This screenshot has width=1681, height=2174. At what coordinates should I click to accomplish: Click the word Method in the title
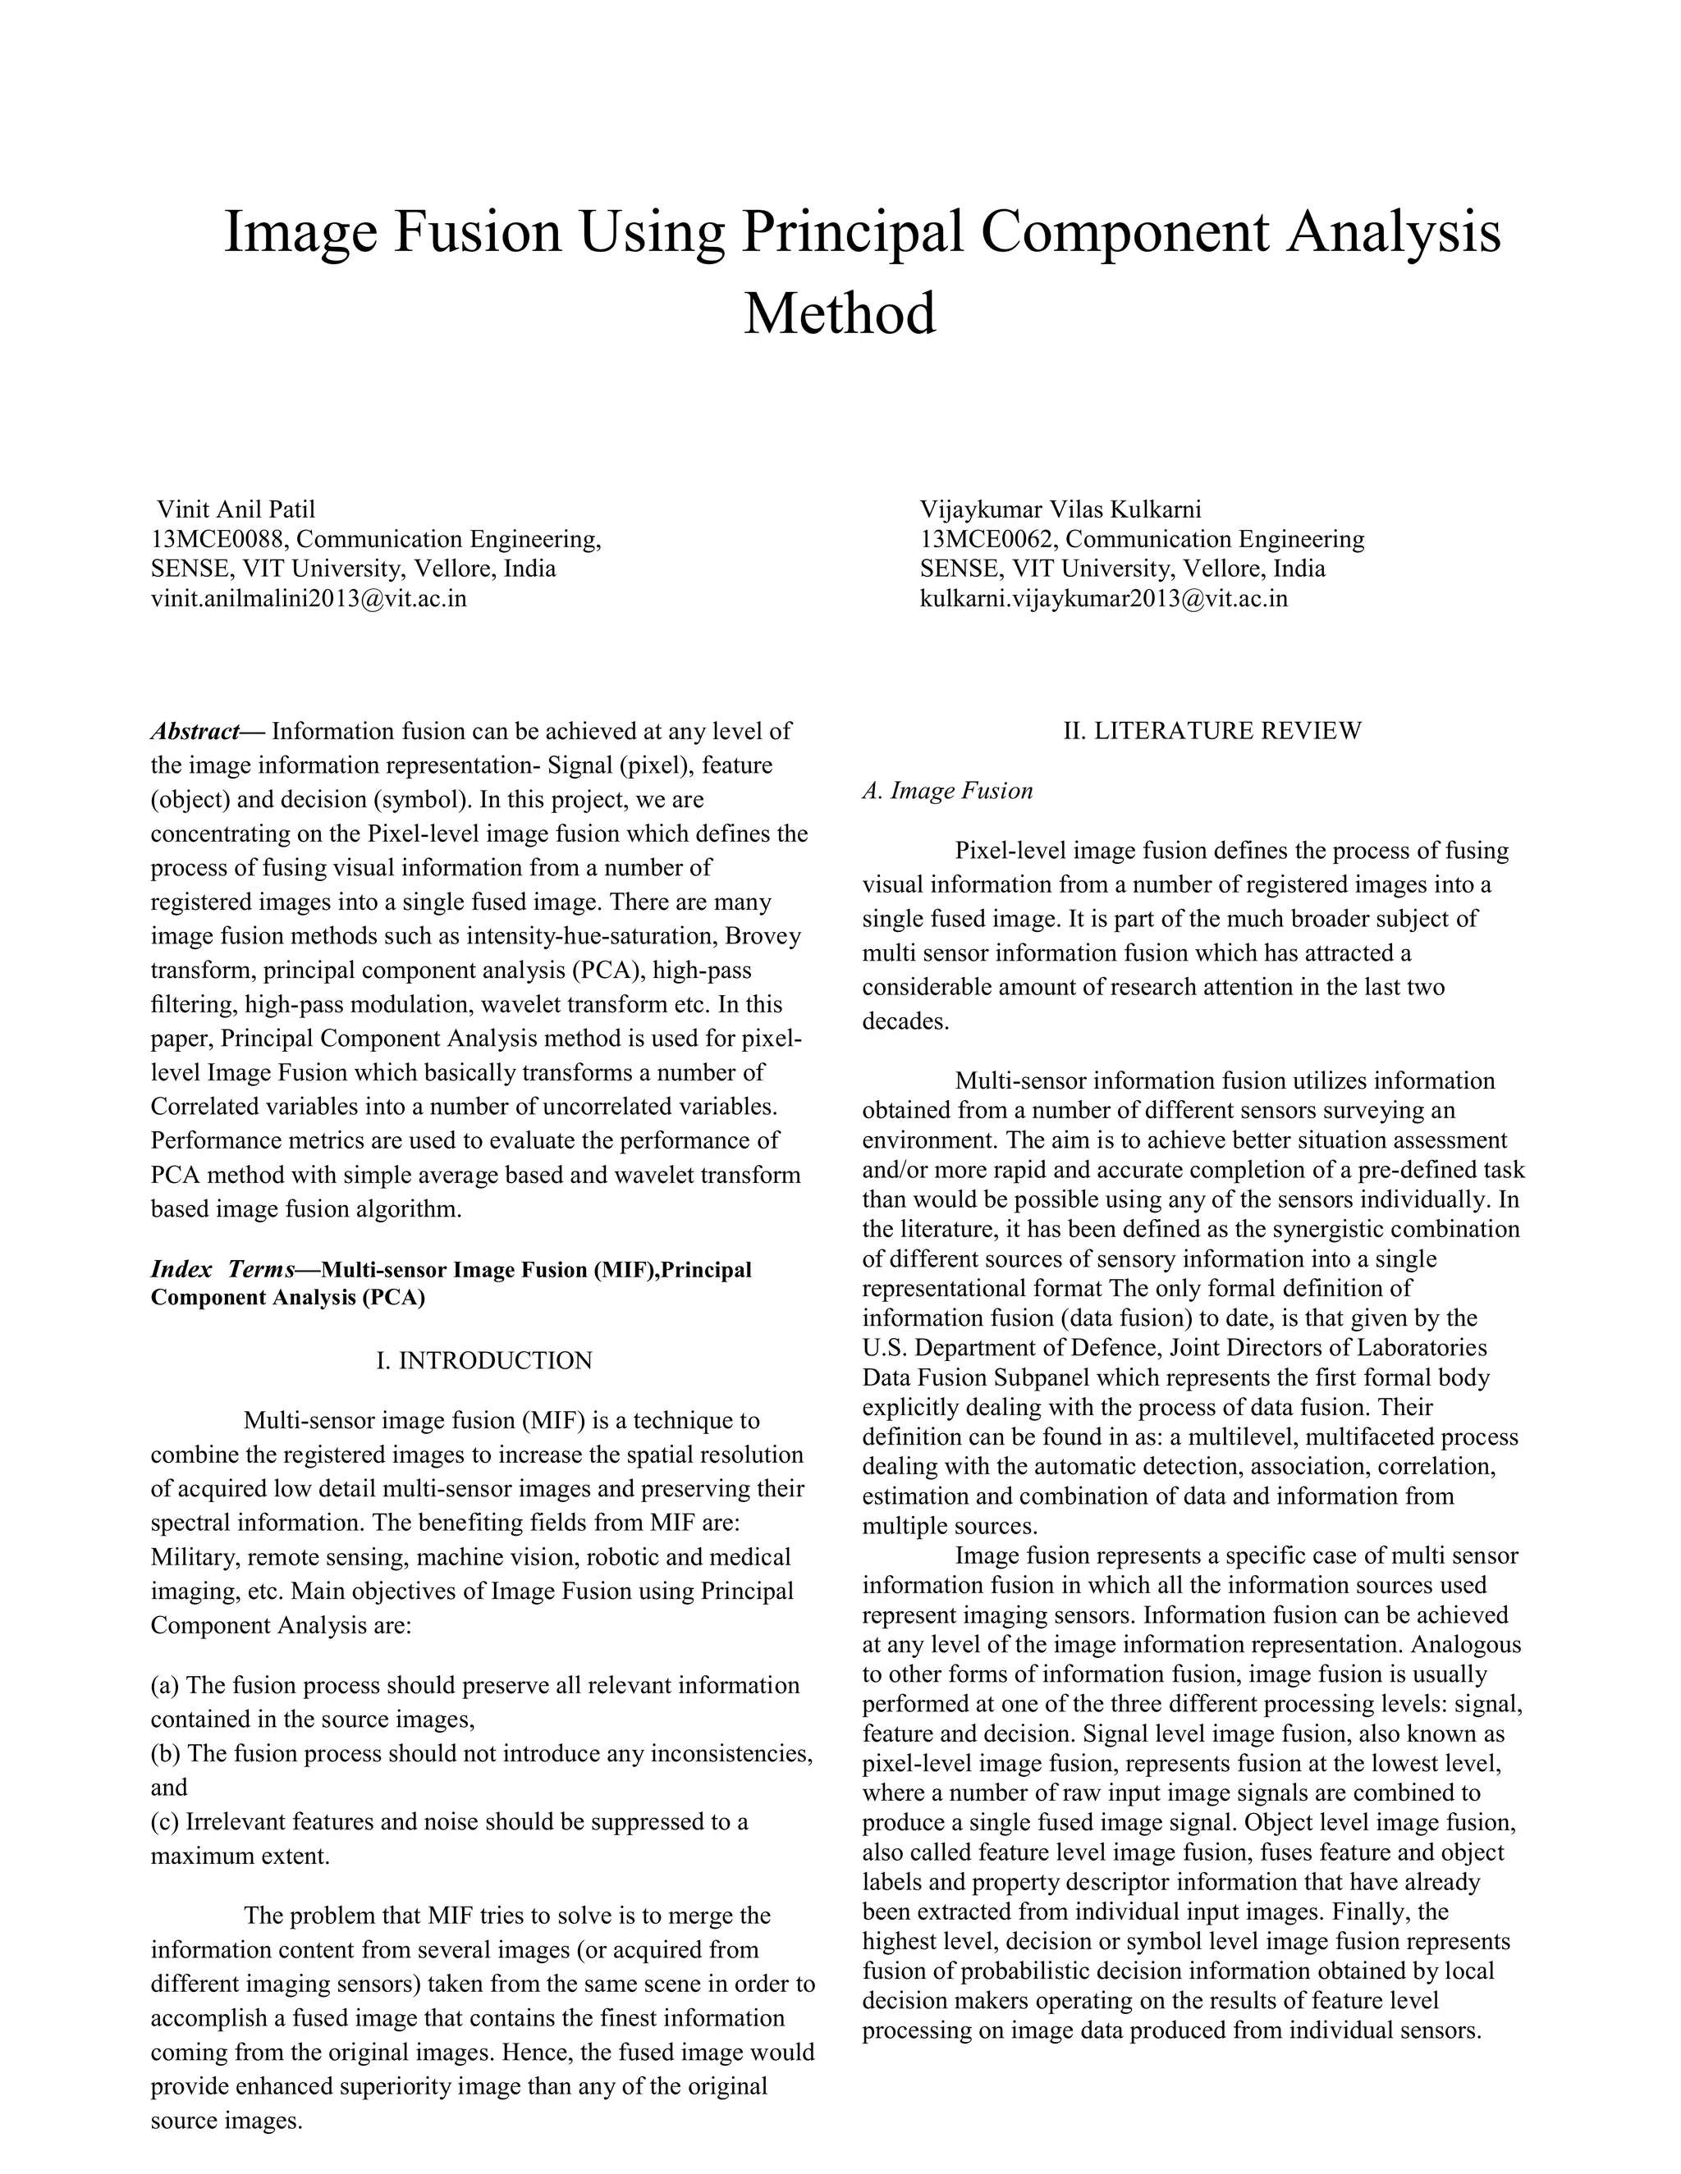tap(840, 313)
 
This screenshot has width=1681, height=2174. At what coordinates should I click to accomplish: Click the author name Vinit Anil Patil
tap(236, 509)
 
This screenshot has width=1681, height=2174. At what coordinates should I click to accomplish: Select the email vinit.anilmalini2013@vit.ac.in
tap(309, 598)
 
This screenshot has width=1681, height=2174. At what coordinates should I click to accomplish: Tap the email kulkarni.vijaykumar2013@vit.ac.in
tap(1103, 598)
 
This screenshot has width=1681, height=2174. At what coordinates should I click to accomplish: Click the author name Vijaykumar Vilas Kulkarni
tap(1060, 509)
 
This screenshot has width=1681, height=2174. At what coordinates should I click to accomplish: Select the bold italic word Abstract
tap(195, 732)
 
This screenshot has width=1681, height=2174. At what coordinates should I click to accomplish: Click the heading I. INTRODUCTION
tap(484, 1361)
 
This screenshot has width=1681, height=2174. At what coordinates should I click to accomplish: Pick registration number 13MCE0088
tap(217, 540)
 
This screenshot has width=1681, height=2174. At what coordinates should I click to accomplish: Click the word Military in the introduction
tap(195, 1557)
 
